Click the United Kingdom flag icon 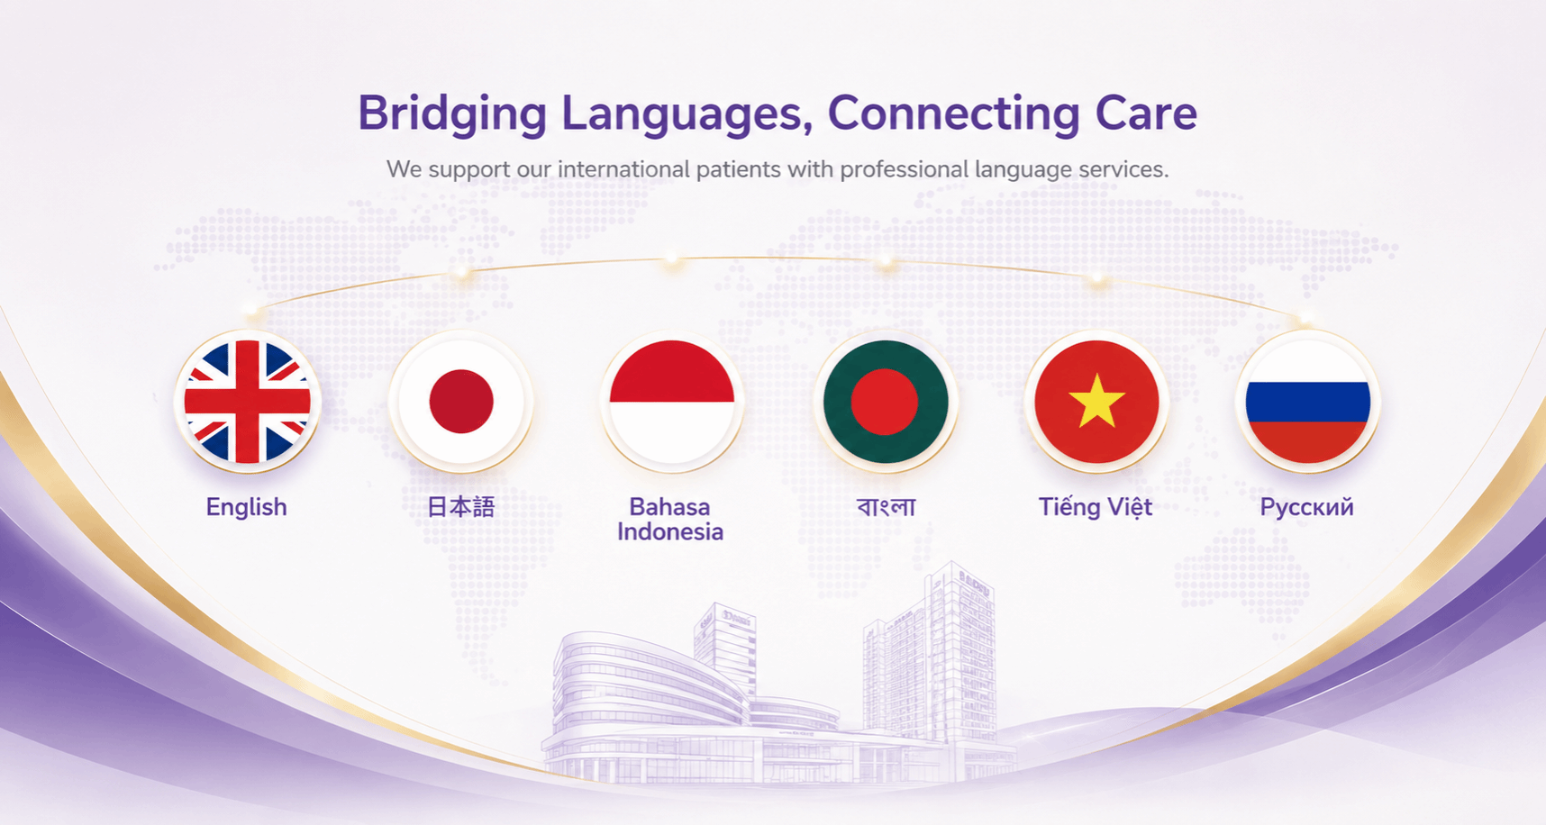[248, 402]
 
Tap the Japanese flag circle [461, 402]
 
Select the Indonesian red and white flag [672, 402]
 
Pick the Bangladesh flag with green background [886, 402]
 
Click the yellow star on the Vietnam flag [1096, 402]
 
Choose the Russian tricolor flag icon [1308, 402]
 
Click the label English [246, 508]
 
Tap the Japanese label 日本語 [460, 506]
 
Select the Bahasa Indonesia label [670, 520]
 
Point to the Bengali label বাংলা [886, 507]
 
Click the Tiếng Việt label [1096, 507]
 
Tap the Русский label [1306, 508]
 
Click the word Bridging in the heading [452, 115]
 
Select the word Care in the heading [1146, 113]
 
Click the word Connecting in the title [953, 115]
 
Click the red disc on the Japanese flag [461, 401]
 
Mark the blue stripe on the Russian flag [1308, 402]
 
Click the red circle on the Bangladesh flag [884, 402]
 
